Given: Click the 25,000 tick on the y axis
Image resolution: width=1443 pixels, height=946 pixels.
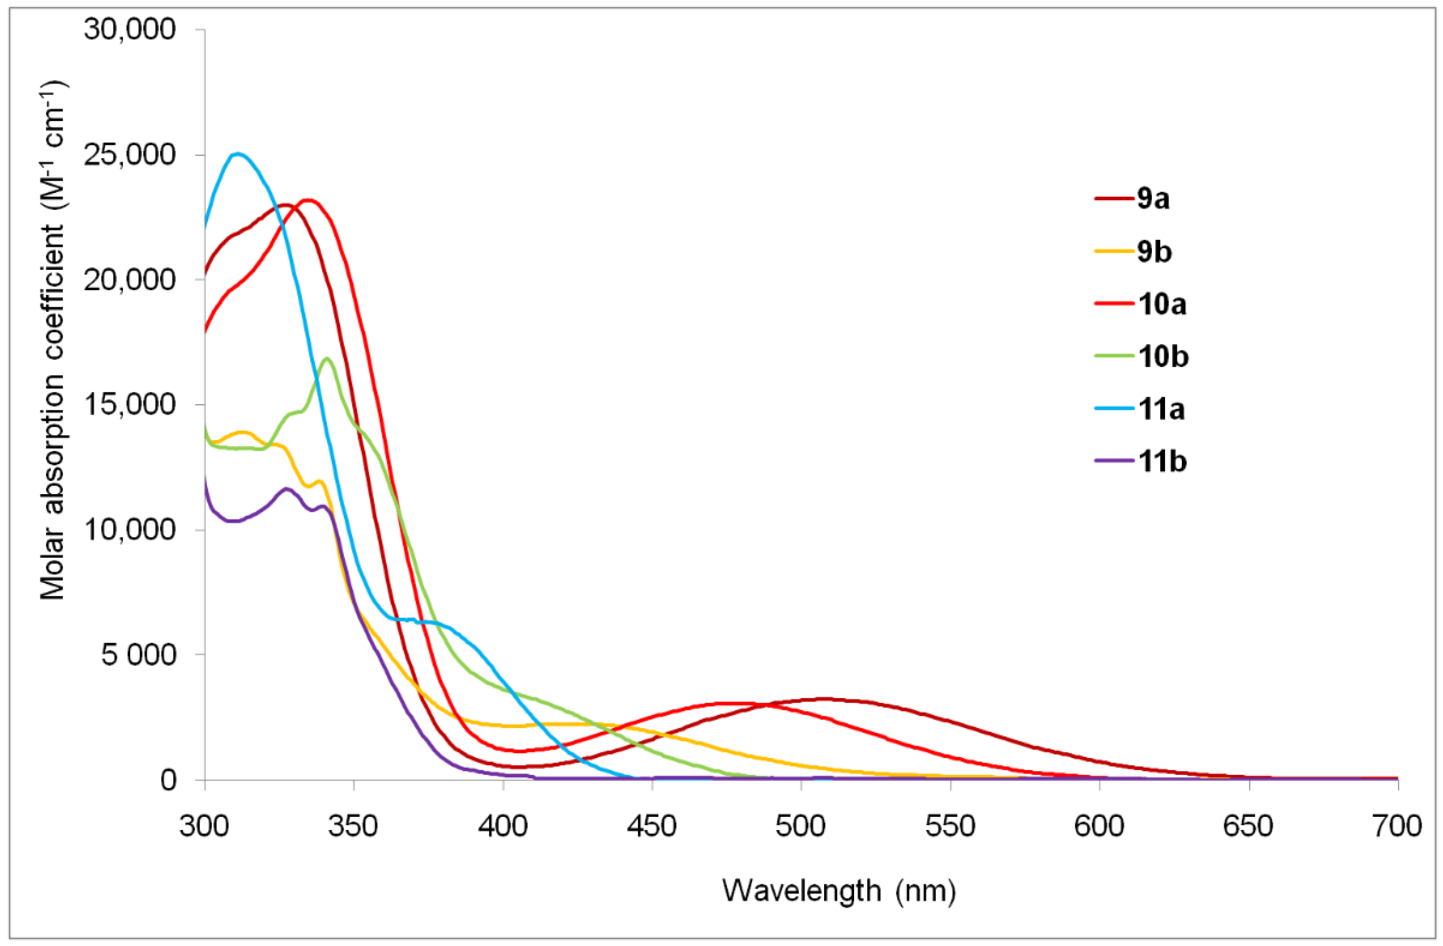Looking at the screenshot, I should pos(130,155).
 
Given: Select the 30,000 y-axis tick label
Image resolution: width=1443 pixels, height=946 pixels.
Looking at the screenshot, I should pos(130,30).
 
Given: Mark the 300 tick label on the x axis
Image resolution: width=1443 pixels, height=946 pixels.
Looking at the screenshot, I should pos(204,827).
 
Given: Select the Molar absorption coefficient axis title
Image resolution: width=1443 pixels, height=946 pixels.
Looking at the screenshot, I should pos(53,341).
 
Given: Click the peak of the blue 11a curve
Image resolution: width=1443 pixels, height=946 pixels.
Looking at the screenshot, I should pos(238,154).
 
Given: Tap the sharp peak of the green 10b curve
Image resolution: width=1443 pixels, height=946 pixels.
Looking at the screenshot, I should pos(327,358).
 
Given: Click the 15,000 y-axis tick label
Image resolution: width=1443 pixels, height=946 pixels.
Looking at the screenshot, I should pos(130,405).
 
